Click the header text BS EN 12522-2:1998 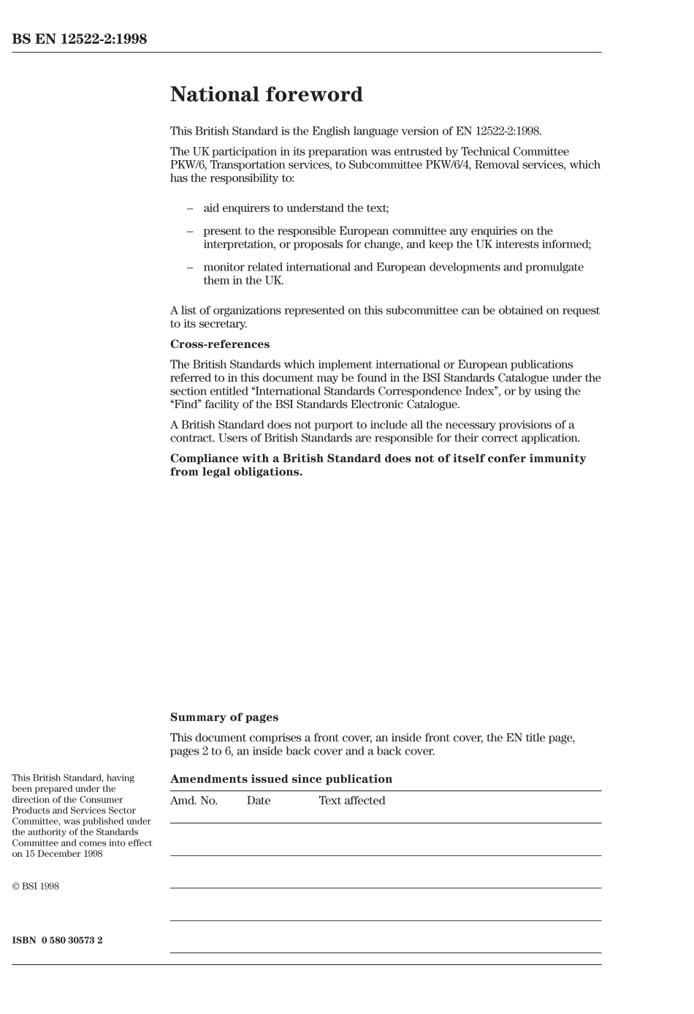(79, 39)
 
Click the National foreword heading (266, 95)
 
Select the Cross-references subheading (219, 344)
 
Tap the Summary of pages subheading (224, 718)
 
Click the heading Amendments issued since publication (281, 779)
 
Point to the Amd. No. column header (194, 801)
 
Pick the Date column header (258, 801)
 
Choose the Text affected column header (351, 801)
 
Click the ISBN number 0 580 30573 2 (72, 940)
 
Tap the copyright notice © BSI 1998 (35, 887)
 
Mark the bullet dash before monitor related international (190, 268)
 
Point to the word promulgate (554, 268)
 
